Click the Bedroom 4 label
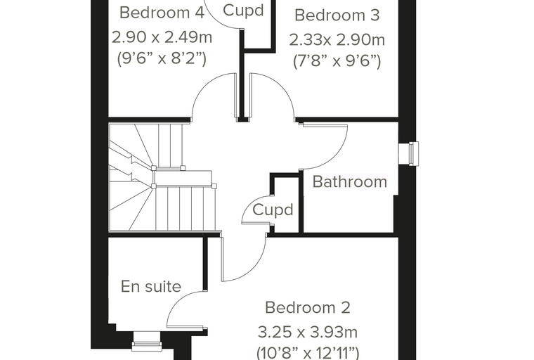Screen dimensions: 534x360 (162, 13)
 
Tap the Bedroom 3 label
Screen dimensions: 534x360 (337, 15)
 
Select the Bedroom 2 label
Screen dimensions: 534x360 (308, 307)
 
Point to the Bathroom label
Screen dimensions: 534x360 (350, 181)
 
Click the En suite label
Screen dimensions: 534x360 (151, 286)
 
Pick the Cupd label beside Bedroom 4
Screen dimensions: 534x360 (243, 11)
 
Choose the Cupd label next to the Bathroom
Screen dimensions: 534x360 (273, 210)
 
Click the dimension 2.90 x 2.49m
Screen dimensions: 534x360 (162, 37)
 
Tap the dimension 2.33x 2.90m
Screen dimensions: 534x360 (337, 40)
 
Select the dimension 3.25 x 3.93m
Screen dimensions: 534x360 (308, 332)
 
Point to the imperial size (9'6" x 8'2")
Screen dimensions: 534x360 (162, 58)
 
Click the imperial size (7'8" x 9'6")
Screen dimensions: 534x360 (337, 61)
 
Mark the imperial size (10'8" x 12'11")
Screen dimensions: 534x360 (308, 353)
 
